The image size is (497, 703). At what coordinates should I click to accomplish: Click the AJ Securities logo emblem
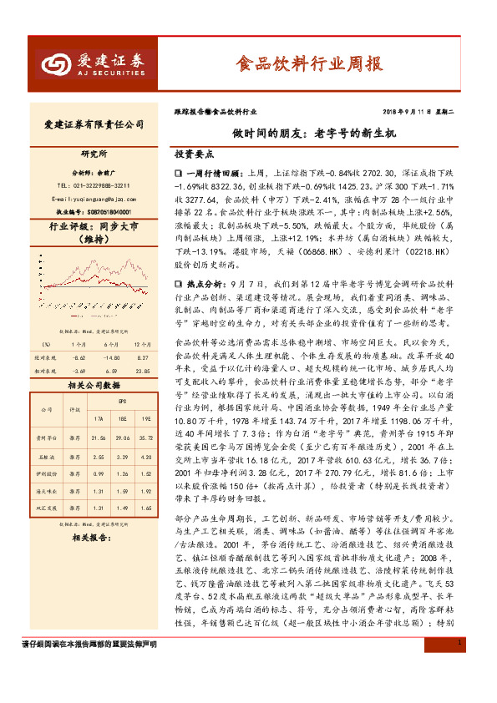tap(57, 63)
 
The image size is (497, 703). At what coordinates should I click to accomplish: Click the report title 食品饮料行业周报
tap(308, 63)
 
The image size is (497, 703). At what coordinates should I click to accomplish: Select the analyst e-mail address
tap(93, 200)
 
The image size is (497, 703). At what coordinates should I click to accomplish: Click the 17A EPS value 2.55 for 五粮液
tap(98, 458)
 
